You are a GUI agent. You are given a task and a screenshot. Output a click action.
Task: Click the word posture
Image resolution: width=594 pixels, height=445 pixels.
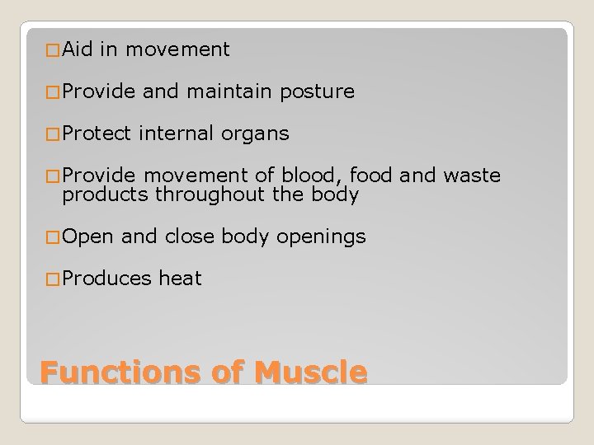[x=318, y=92]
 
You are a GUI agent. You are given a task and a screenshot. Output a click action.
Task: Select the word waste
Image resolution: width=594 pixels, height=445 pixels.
[x=473, y=176]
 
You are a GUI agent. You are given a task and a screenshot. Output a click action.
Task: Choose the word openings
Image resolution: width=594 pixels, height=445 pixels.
[x=321, y=238]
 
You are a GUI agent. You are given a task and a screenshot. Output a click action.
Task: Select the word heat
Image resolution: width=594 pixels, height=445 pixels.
[x=180, y=279]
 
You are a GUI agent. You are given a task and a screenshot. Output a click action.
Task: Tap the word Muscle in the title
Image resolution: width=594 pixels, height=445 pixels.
[x=309, y=373]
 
